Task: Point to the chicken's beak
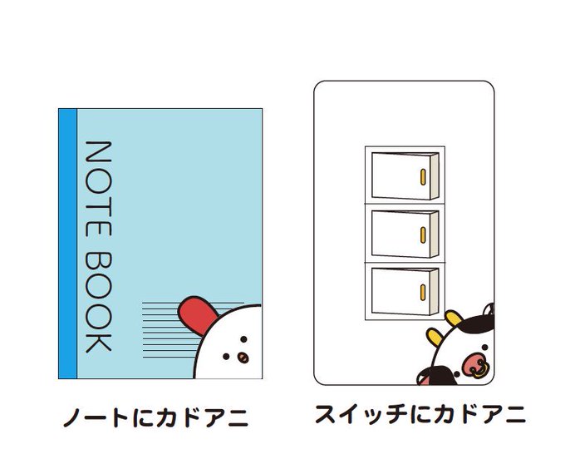(x=242, y=358)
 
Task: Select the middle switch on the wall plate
(x=404, y=233)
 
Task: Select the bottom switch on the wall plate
(x=404, y=290)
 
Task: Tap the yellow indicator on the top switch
(x=424, y=177)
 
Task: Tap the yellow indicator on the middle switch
(x=424, y=234)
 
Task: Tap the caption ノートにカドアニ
(x=155, y=417)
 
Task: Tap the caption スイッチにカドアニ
(x=420, y=413)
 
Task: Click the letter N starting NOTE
(x=99, y=154)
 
